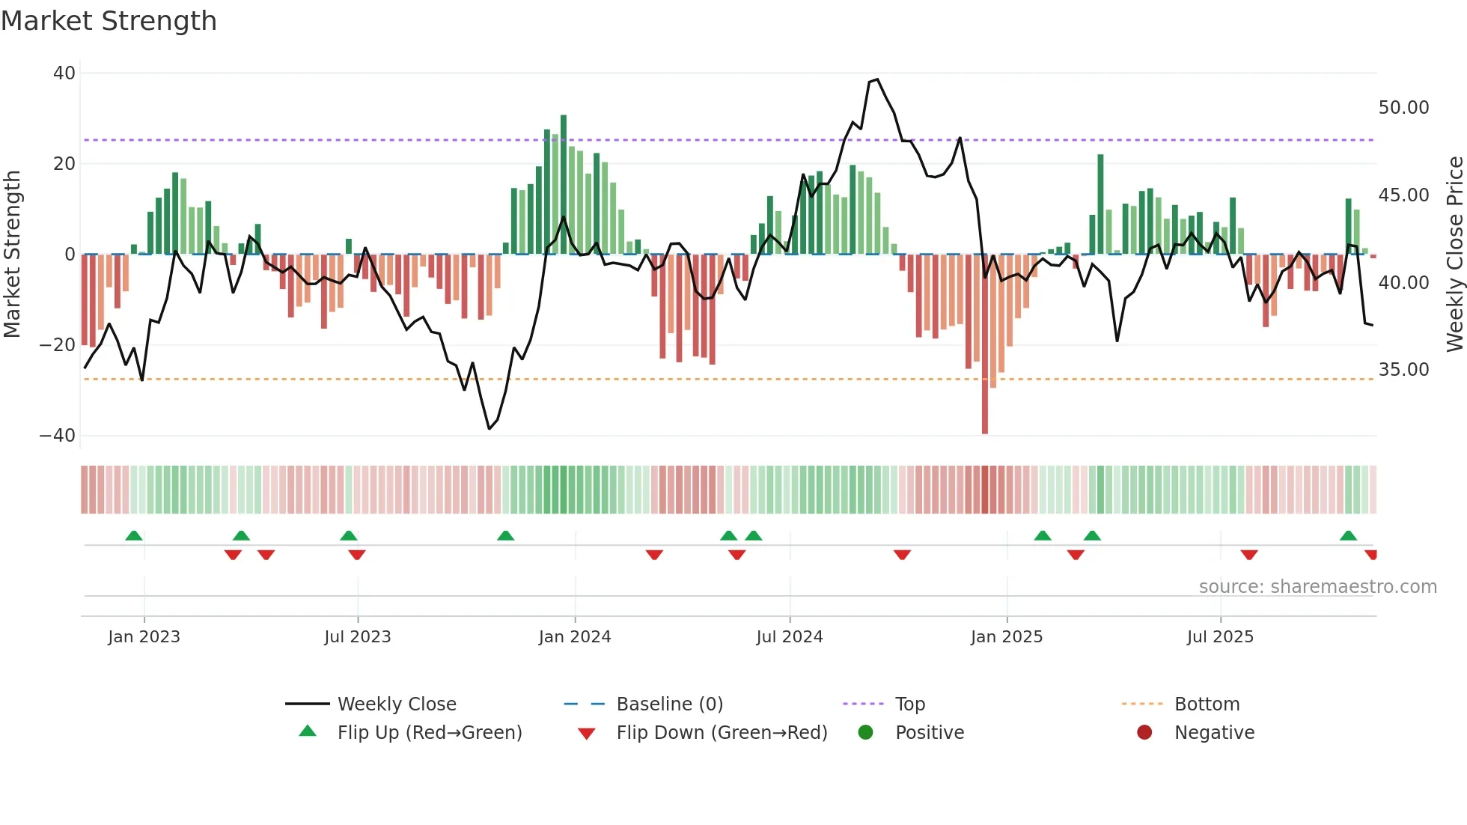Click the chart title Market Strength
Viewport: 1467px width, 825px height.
point(109,20)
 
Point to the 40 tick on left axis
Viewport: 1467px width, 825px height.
point(64,73)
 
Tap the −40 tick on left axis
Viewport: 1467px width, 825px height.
point(58,436)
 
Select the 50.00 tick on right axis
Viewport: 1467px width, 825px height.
point(1403,108)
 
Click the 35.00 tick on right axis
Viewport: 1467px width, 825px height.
point(1403,370)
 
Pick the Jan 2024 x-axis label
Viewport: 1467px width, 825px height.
point(574,637)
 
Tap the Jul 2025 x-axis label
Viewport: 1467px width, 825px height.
point(1219,637)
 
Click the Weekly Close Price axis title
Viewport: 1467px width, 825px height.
point(1454,255)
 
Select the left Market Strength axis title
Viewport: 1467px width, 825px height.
point(12,255)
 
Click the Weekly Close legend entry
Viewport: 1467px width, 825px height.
point(396,704)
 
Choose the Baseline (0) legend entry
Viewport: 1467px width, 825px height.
point(669,704)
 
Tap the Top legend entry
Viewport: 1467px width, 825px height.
point(909,704)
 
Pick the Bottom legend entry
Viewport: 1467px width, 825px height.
point(1207,704)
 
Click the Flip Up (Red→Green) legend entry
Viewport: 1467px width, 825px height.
point(429,733)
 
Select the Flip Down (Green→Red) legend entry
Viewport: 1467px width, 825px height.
point(722,733)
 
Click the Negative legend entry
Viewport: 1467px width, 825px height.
point(1213,733)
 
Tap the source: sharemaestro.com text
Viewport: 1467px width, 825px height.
point(1317,587)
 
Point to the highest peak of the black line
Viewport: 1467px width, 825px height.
point(877,79)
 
